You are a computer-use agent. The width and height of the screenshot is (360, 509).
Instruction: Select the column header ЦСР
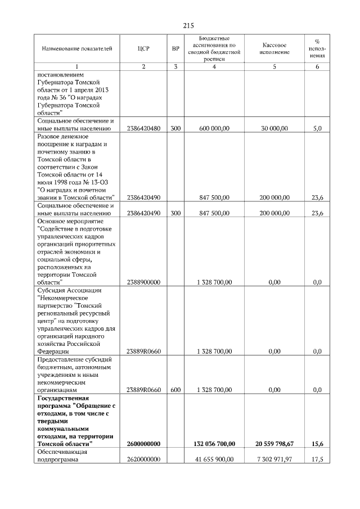(x=143, y=48)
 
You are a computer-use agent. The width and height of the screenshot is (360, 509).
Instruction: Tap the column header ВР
(x=175, y=48)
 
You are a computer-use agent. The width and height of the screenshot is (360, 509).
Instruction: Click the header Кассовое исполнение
(x=275, y=48)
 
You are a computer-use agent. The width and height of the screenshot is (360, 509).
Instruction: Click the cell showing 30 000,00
(x=274, y=129)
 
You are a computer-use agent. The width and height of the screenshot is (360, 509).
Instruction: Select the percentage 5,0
(x=317, y=129)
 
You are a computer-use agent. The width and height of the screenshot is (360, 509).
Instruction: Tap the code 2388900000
(x=143, y=282)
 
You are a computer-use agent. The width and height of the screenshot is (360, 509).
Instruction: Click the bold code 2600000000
(x=143, y=444)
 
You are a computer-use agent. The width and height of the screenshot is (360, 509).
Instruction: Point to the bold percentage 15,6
(x=317, y=444)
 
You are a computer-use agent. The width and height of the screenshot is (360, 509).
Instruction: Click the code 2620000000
(x=143, y=460)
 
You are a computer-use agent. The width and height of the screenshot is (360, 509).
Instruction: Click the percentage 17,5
(x=317, y=460)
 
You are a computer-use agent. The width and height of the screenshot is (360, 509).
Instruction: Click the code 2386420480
(x=143, y=129)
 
